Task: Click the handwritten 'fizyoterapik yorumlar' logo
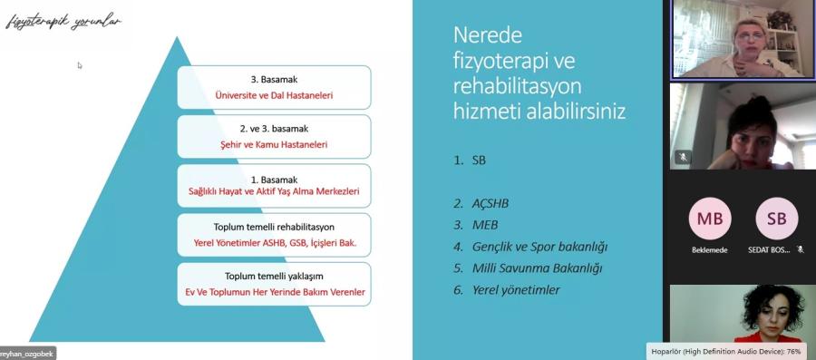click(x=63, y=23)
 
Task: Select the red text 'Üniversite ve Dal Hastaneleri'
click(x=274, y=96)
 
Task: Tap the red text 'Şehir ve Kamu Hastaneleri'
click(x=274, y=144)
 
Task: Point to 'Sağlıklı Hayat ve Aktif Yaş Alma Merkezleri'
click(x=274, y=191)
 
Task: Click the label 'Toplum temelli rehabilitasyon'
click(x=274, y=228)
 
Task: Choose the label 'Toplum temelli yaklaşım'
click(x=274, y=277)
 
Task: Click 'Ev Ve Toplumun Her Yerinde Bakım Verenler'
click(x=275, y=292)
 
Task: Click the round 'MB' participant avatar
click(x=710, y=219)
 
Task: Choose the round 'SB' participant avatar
click(x=776, y=219)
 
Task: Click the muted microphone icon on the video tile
click(x=683, y=157)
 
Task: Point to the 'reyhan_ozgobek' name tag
click(x=27, y=354)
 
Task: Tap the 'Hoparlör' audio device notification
click(x=731, y=352)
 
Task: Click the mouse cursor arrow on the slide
click(x=80, y=65)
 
